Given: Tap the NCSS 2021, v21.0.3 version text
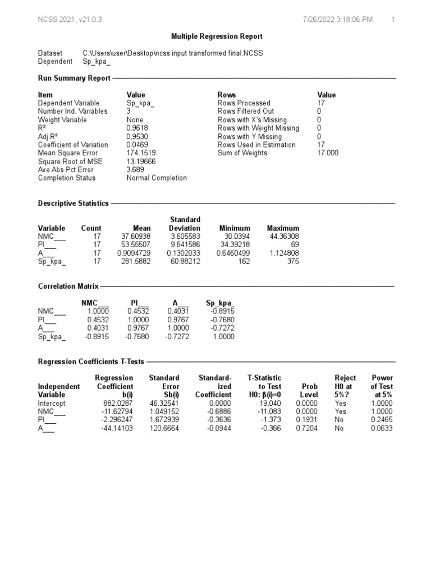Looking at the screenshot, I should point(70,20).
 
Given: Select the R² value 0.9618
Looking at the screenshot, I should point(137,128).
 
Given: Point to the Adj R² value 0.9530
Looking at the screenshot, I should point(137,137).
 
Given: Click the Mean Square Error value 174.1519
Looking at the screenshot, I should point(141,153).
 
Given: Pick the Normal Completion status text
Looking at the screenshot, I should point(157,178).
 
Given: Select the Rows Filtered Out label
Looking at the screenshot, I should point(245,112).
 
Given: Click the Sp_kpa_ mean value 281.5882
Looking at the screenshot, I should point(136,261).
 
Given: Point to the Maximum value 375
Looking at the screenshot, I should point(292,261).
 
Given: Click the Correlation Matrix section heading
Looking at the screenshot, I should point(68,286).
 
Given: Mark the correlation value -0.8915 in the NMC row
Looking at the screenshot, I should point(223,312).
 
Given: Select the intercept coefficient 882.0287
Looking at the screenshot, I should point(118,404).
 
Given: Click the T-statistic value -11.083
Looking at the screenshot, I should point(269,411).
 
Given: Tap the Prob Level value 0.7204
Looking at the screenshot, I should point(308,428).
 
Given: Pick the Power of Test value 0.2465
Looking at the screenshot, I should point(382,420).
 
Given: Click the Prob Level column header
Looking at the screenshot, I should point(309,391).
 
